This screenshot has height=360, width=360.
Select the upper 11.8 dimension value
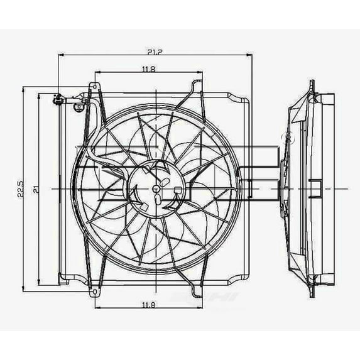(149, 68)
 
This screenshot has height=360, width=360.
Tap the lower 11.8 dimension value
(149, 305)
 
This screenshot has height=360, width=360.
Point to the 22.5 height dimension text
(21, 188)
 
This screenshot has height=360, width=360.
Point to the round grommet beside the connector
(80, 107)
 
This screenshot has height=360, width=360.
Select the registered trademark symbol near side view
(289, 134)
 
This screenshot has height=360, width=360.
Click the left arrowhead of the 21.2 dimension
(60, 55)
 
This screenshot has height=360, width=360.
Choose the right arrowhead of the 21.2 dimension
(251, 55)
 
